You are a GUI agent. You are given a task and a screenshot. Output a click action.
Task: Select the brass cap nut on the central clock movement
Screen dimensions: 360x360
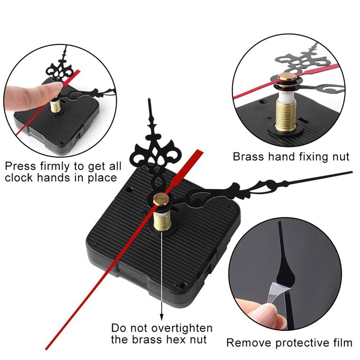pyautogui.click(x=159, y=198)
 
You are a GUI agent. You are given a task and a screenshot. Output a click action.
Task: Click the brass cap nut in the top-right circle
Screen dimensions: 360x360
pyautogui.click(x=285, y=79)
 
